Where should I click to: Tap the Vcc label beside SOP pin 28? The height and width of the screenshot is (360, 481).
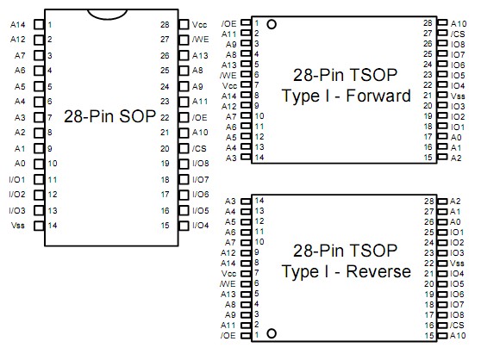(x=199, y=24)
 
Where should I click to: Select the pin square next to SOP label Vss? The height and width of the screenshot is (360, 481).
(x=37, y=225)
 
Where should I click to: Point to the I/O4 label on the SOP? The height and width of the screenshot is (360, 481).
(x=201, y=225)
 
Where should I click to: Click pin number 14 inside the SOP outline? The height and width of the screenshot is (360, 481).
(x=53, y=225)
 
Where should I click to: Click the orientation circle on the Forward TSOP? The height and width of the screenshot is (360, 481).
(x=272, y=24)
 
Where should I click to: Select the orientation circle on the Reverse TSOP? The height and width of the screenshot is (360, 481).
(x=272, y=332)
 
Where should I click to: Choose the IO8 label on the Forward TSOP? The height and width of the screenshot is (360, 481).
(x=457, y=43)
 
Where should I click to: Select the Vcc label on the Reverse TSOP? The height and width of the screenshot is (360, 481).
(x=228, y=273)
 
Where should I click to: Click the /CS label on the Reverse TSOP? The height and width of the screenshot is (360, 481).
(x=457, y=325)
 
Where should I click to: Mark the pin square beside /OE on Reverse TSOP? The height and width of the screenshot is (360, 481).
(x=246, y=335)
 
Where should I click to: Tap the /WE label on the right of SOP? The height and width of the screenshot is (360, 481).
(x=199, y=40)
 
